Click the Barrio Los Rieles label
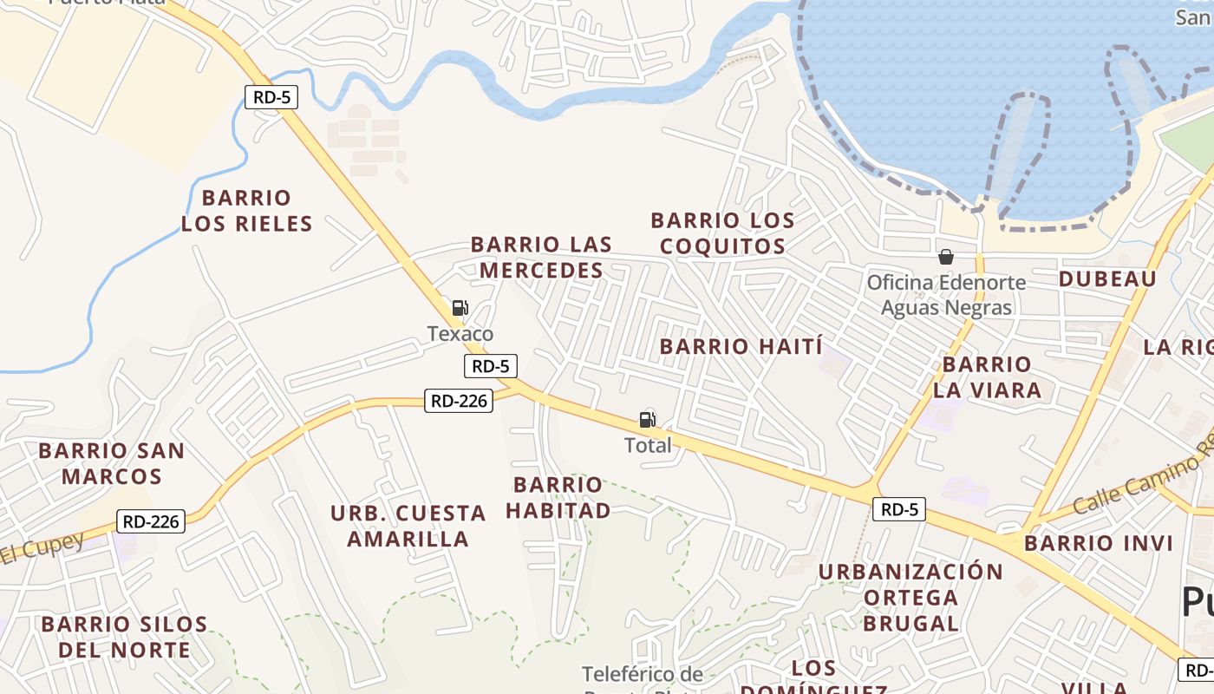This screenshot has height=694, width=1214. tap(246, 211)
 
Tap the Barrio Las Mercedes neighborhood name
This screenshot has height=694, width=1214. tap(541, 258)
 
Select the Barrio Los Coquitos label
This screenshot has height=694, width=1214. tap(722, 233)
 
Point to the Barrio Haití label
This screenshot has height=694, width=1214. tap(741, 347)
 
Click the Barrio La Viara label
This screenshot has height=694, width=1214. tap(987, 376)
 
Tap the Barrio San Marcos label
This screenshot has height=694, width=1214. tap(111, 463)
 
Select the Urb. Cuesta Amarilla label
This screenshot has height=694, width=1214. tap(408, 526)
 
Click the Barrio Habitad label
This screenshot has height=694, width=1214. tap(558, 497)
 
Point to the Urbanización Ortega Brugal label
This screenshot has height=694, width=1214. tap(910, 597)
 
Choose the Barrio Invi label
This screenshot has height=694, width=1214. tap(1098, 544)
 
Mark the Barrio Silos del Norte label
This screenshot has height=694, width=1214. tap(124, 637)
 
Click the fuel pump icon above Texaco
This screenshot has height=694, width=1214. tap(460, 307)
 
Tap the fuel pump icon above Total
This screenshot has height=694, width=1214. tap(648, 420)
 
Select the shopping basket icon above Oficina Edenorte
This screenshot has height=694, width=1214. tap(946, 257)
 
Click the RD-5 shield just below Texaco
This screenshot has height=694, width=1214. tap(491, 366)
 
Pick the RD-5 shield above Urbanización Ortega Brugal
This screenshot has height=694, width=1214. tap(898, 510)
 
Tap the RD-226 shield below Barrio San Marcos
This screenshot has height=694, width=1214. tap(151, 521)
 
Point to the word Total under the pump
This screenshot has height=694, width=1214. tap(648, 445)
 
